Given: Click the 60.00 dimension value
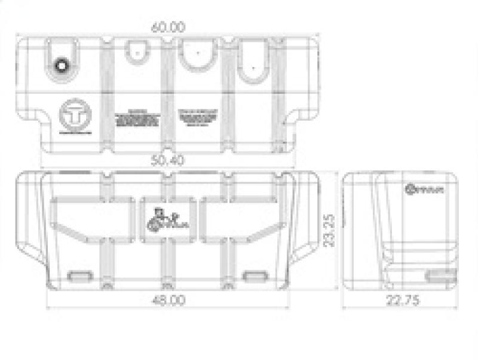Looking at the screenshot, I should (x=169, y=27).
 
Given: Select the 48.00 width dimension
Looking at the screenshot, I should (x=168, y=300).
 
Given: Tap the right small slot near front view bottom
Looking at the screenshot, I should (x=255, y=276).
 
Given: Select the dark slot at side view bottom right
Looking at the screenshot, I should (x=440, y=275).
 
